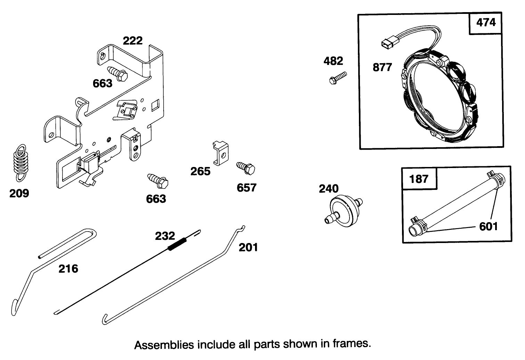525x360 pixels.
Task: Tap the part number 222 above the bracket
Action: click(133, 41)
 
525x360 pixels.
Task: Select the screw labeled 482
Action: click(337, 78)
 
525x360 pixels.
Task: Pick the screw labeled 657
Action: click(246, 168)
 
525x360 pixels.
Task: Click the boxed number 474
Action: click(486, 23)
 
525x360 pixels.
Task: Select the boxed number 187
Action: click(419, 179)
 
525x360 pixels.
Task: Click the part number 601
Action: click(488, 226)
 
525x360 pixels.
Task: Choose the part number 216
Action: click(68, 268)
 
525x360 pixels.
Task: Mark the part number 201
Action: click(248, 247)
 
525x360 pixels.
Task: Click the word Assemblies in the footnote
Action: click(164, 345)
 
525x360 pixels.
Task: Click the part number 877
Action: click(382, 67)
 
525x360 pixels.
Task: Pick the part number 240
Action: click(328, 189)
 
